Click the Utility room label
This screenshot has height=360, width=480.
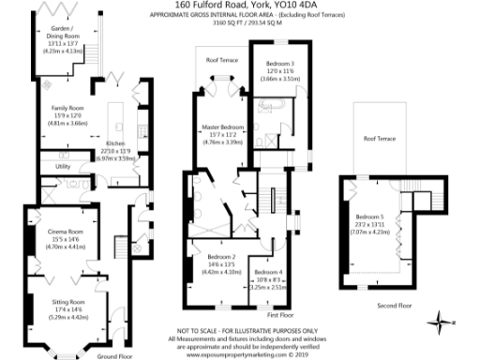(63, 166)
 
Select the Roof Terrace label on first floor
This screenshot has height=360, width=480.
(222, 60)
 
